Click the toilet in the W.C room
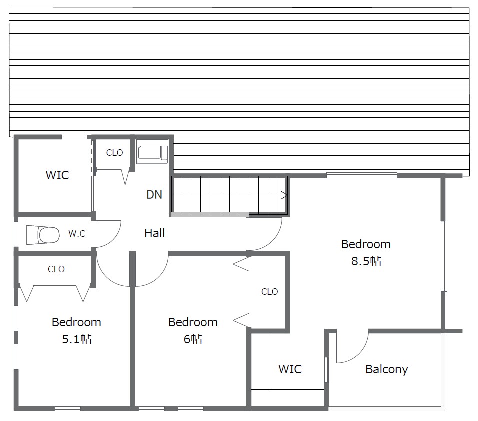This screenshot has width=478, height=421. (43, 235)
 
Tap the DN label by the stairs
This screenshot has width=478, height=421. (154, 195)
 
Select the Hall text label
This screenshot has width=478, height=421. (155, 233)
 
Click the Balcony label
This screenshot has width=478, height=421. (387, 369)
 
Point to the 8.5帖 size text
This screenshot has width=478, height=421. (366, 261)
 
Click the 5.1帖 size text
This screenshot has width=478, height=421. (77, 339)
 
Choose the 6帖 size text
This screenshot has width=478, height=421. (193, 339)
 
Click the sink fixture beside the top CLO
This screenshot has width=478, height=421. (152, 152)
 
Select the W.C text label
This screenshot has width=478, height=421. (77, 234)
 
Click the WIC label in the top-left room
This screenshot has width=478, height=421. (57, 175)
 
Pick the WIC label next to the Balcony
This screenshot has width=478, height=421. (290, 369)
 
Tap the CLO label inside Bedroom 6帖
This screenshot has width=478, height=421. (270, 291)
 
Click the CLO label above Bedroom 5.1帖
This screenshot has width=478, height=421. (56, 269)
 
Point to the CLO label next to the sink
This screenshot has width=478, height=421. (114, 152)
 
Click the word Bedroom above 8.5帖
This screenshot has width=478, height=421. (366, 244)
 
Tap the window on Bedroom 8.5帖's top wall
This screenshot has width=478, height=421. (362, 175)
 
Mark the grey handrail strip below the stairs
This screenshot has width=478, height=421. (210, 214)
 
